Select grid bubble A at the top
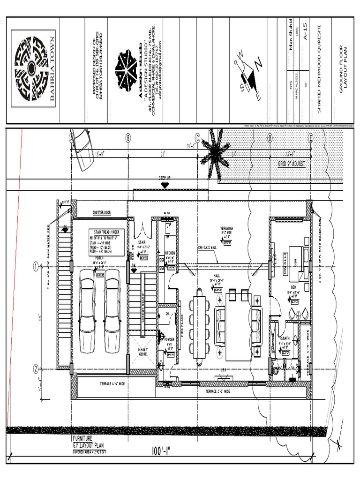pos(71,138)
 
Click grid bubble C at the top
pos(197,138)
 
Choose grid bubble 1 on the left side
pos(36,267)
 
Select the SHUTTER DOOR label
pos(102,212)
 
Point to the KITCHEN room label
pos(170,253)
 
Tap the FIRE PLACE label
pos(182,325)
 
